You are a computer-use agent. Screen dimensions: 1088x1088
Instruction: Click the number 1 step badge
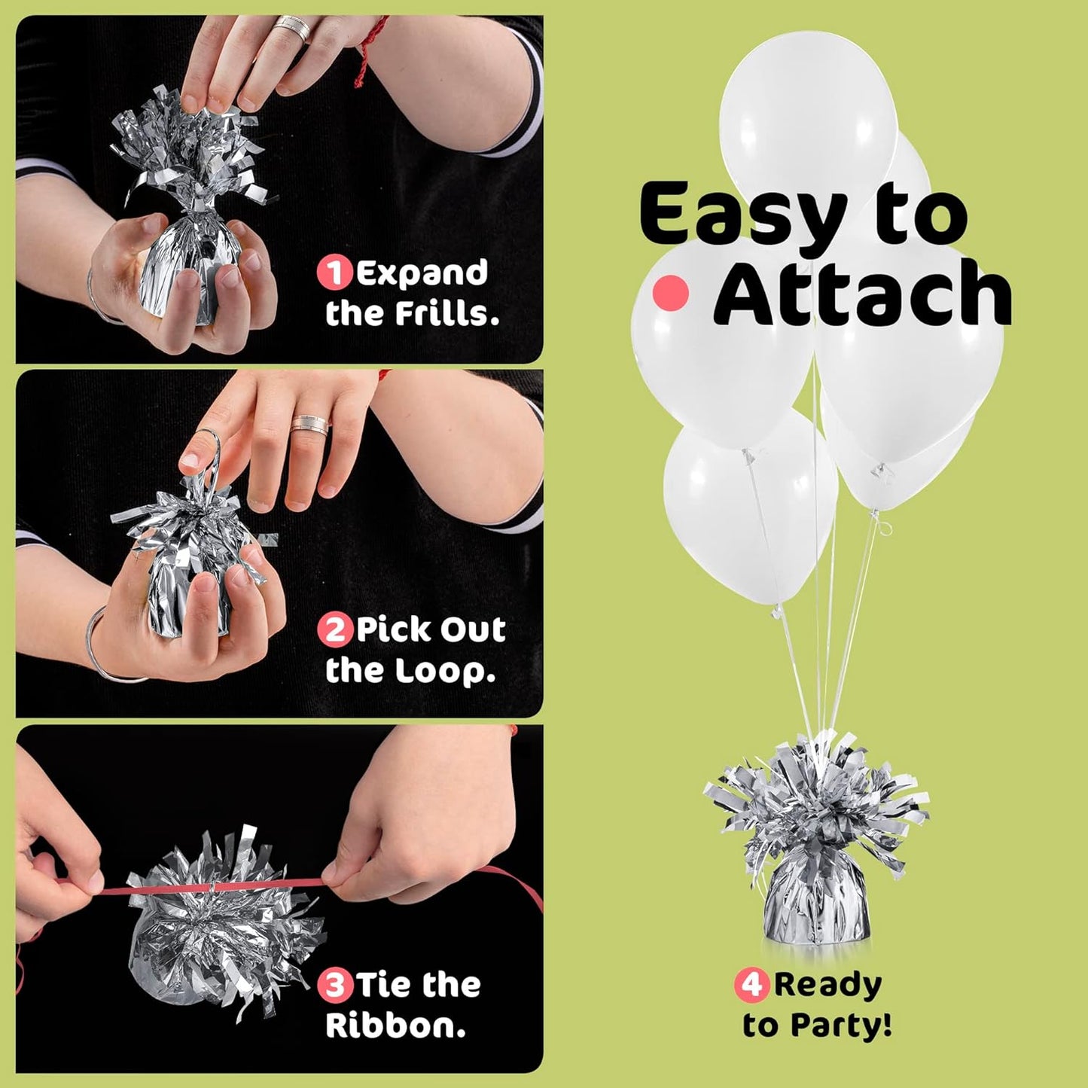tap(334, 273)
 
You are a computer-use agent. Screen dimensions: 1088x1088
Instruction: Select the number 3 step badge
tap(334, 985)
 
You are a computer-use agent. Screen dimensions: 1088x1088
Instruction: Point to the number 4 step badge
tap(751, 985)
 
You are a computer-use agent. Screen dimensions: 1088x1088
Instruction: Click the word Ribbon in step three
tap(395, 1026)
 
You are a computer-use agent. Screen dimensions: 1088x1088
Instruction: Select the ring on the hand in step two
tap(310, 425)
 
